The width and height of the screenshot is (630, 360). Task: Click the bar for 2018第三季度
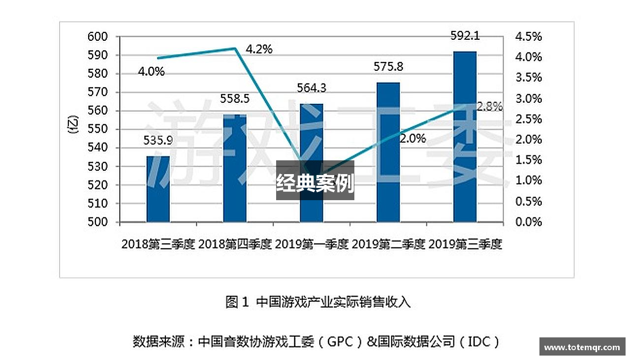pos(158,189)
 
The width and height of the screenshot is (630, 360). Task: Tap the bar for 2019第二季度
pos(388,152)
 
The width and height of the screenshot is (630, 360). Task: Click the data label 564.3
pos(312,88)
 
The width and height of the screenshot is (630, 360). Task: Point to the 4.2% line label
pos(259,49)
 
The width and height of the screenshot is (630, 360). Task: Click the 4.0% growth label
pos(151,71)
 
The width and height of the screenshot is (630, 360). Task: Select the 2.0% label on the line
pos(412,139)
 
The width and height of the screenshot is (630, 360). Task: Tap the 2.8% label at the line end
pos(489,106)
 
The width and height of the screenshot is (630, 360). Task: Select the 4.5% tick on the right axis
pos(528,36)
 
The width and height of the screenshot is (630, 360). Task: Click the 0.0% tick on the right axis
pos(528,222)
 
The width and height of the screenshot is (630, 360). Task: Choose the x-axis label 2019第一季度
pos(312,244)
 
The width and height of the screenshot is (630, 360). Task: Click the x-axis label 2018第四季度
pos(235,244)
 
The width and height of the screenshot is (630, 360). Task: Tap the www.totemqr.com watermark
pos(582,347)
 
